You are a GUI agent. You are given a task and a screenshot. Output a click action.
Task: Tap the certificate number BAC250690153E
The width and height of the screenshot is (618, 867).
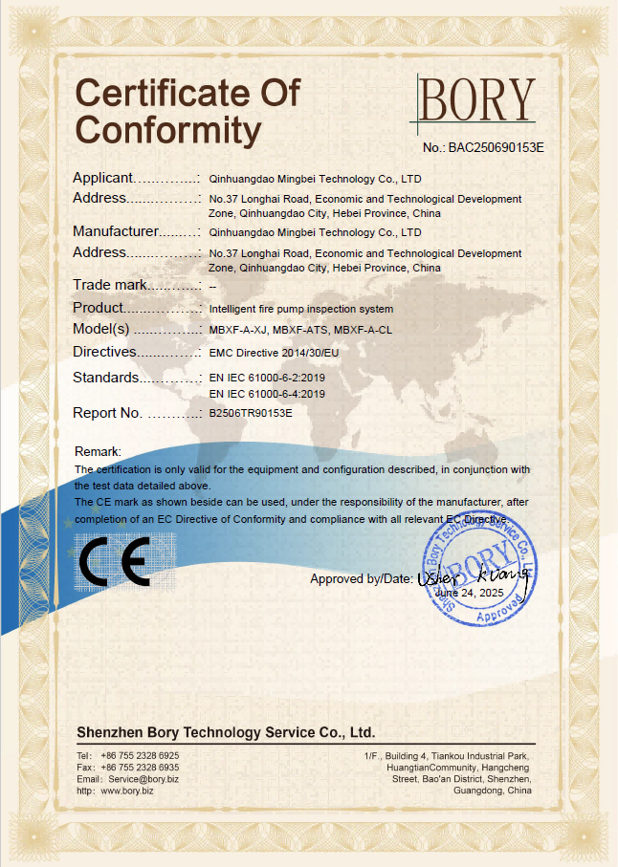click(497, 148)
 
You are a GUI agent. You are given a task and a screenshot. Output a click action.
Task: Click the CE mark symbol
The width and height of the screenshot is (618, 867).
click(114, 562)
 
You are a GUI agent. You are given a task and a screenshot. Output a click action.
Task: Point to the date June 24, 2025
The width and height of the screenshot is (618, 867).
click(468, 593)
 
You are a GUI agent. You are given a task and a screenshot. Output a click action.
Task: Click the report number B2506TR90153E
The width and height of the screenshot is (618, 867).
click(251, 414)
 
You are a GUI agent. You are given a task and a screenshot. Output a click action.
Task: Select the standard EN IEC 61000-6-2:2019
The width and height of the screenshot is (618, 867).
click(267, 379)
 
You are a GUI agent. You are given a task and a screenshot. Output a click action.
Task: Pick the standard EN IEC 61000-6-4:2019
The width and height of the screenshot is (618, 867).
click(267, 394)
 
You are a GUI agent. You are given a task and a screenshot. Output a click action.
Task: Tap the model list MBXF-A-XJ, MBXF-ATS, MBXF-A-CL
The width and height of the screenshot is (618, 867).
click(300, 330)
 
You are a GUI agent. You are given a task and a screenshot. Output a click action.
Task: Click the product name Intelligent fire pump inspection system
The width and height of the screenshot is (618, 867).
click(300, 309)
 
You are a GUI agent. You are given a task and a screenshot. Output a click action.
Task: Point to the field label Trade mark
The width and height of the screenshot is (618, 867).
click(109, 285)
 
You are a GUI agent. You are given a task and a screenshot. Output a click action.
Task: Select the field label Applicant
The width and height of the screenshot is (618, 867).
click(101, 178)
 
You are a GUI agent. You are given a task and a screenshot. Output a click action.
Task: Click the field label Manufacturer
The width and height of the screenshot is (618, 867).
click(114, 231)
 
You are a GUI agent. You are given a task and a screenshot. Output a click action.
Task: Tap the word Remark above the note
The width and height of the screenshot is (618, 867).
click(98, 451)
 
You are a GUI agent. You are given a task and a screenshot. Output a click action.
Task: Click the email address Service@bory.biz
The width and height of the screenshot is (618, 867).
click(143, 779)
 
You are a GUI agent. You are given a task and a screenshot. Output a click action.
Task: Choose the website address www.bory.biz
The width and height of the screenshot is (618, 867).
click(126, 791)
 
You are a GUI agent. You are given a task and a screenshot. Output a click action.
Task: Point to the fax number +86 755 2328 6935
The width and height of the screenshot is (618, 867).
click(140, 768)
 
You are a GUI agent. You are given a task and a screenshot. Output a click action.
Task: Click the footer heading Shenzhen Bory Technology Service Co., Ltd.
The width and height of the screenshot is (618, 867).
click(226, 732)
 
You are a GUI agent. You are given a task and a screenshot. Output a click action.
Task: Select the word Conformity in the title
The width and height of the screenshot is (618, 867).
click(168, 129)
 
